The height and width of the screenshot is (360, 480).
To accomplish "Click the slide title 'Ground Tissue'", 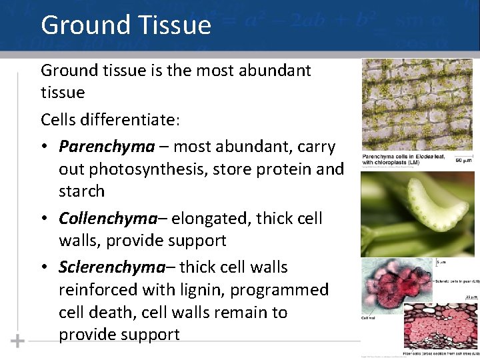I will pyautogui.click(x=126, y=25).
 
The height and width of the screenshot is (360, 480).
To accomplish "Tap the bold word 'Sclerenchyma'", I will pyautogui.click(x=111, y=267).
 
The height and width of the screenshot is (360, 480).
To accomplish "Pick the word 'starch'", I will pyautogui.click(x=82, y=191).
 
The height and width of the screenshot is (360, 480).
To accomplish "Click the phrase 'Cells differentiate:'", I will pyautogui.click(x=111, y=119).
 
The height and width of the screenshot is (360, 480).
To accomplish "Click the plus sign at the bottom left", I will pyautogui.click(x=17, y=341).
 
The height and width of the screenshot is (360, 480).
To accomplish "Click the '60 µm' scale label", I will pyautogui.click(x=463, y=161).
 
